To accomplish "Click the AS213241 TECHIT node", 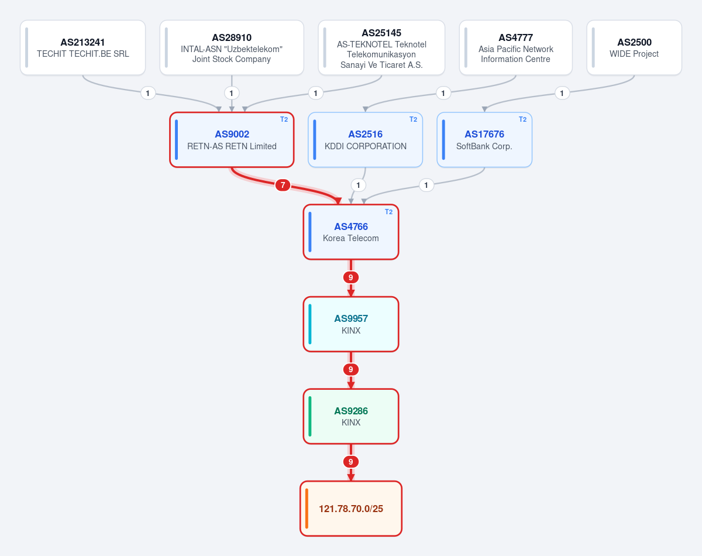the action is tap(82, 47).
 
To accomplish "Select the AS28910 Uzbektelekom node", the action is tap(232, 47).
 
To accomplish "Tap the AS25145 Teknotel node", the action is tap(381, 47).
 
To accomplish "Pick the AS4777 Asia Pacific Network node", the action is tap(516, 47).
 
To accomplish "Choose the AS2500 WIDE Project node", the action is tap(634, 47).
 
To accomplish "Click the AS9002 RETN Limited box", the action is tap(232, 140).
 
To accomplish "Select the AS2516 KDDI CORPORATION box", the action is tap(366, 140).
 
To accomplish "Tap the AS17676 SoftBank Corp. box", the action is tap(484, 140).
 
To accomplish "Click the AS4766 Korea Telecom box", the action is tap(350, 232).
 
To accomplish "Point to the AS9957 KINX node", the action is tap(350, 324).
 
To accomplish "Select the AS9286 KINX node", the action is tap(350, 416).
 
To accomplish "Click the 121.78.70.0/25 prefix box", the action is tap(350, 509).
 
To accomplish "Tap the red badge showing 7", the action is tap(283, 185).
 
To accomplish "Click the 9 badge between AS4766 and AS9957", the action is tap(350, 277).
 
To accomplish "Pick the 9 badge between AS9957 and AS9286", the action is tap(350, 369).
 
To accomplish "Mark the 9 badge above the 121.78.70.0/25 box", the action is tap(350, 462).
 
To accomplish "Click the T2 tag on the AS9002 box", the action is tap(284, 119).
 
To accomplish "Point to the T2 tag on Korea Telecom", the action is tap(389, 212).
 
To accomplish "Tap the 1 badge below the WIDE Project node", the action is tap(562, 94).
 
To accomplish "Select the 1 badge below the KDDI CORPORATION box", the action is tap(358, 186).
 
